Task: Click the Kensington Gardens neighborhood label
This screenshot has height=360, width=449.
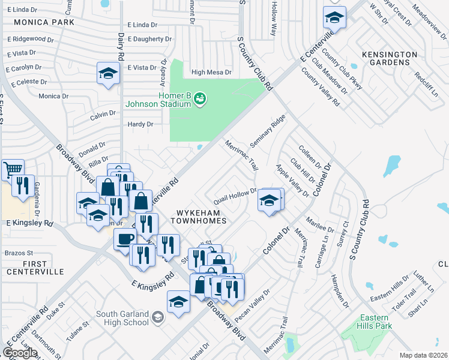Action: tap(390, 58)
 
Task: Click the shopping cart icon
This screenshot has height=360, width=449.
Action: tap(13, 169)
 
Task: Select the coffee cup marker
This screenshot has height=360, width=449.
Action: tap(125, 239)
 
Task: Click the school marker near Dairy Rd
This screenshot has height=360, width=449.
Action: tap(107, 74)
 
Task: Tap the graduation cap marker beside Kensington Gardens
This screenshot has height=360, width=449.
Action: tap(334, 17)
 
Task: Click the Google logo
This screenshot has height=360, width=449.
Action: tap(20, 353)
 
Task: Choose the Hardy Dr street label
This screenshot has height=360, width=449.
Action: tap(141, 124)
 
